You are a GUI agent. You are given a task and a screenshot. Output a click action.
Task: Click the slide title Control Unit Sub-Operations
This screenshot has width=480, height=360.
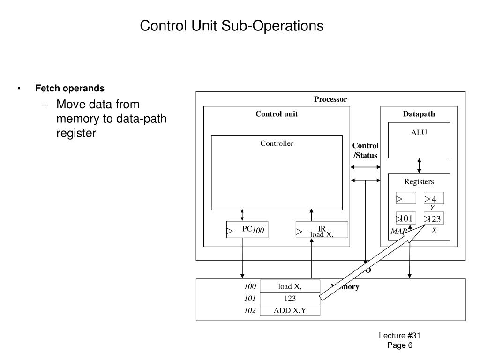tap(232, 25)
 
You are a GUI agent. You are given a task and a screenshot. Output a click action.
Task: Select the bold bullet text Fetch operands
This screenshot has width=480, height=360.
tap(70, 89)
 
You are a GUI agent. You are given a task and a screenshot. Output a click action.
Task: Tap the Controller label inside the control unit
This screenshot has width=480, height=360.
tap(277, 143)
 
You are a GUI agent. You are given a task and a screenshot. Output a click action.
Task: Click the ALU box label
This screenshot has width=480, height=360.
tap(419, 133)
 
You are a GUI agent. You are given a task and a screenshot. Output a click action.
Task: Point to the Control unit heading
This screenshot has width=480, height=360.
tap(276, 114)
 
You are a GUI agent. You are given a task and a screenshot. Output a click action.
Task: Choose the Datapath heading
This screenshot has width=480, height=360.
tap(419, 114)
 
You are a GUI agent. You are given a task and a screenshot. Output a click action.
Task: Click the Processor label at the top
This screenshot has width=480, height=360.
tap(330, 99)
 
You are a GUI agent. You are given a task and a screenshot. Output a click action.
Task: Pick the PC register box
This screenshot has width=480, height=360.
tap(247, 230)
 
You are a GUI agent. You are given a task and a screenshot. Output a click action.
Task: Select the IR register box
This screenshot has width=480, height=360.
tap(322, 230)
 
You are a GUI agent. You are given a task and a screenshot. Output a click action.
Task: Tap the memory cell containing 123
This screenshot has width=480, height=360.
tap(290, 298)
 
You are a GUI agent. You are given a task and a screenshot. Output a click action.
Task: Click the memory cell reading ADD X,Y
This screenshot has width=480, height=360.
tap(290, 310)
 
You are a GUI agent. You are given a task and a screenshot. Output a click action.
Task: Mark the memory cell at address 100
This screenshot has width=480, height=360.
tap(290, 286)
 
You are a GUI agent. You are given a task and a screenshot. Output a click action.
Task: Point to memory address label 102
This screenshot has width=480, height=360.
tap(250, 310)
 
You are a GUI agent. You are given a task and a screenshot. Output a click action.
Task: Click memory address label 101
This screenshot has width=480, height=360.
tap(250, 298)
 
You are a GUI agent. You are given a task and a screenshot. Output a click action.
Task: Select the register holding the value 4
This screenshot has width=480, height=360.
tap(434, 198)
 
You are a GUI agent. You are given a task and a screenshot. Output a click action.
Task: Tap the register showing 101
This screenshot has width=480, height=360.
tap(405, 218)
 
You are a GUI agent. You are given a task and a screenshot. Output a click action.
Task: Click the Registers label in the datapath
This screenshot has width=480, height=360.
tap(419, 182)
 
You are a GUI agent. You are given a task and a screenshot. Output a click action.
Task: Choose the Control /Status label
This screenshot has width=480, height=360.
tap(365, 150)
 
